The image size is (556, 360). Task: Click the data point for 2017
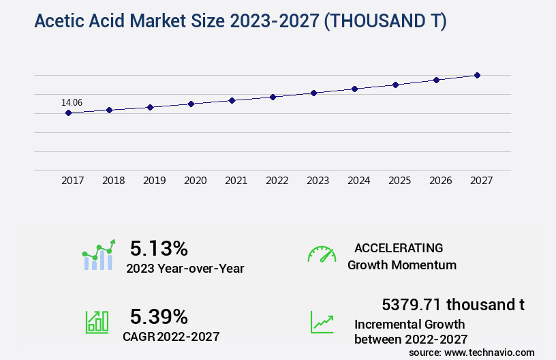[x=68, y=112]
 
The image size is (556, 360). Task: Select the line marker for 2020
[x=191, y=104]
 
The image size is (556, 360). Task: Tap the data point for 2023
[x=313, y=93]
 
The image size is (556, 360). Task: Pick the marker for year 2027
[x=477, y=75]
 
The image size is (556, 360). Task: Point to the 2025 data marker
[x=395, y=85]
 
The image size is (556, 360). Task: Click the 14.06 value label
[x=72, y=103]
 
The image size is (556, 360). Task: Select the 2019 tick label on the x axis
[x=154, y=181]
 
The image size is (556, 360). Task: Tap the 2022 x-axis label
[x=277, y=181]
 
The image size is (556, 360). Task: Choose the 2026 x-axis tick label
[x=440, y=181]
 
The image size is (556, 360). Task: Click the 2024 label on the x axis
[x=358, y=181]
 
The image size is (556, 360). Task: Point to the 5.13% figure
[x=159, y=248]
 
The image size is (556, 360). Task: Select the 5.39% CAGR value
[x=159, y=316]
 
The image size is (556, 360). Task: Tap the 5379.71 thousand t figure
[x=453, y=304]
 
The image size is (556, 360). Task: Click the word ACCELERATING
[x=399, y=248]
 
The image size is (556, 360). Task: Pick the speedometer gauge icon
[x=322, y=254]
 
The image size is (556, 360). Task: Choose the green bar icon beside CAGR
[x=97, y=322]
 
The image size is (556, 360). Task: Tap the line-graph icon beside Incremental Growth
[x=322, y=322]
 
